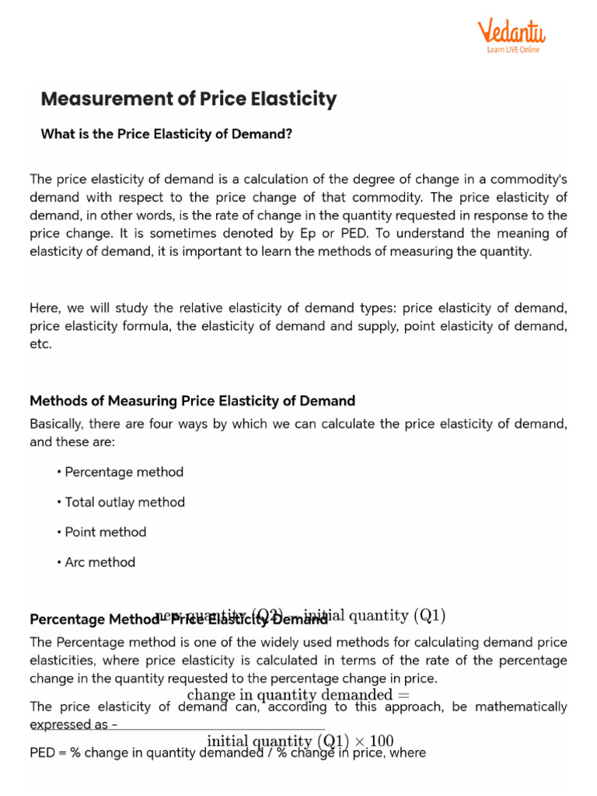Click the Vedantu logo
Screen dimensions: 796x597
click(x=511, y=32)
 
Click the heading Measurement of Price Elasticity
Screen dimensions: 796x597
click(x=188, y=99)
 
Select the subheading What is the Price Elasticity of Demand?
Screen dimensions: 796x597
click(x=166, y=134)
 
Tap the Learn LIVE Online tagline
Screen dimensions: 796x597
click(x=512, y=50)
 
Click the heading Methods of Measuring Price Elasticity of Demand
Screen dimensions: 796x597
click(x=192, y=401)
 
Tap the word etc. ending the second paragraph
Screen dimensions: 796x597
click(x=40, y=344)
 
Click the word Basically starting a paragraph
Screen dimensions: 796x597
click(x=57, y=424)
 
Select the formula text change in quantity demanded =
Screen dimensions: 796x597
click(x=298, y=694)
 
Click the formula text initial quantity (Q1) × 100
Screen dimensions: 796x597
click(x=300, y=741)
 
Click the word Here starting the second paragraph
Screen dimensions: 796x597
click(x=44, y=307)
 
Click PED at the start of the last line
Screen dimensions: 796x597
click(x=42, y=753)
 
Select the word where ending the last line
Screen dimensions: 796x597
click(x=409, y=753)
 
